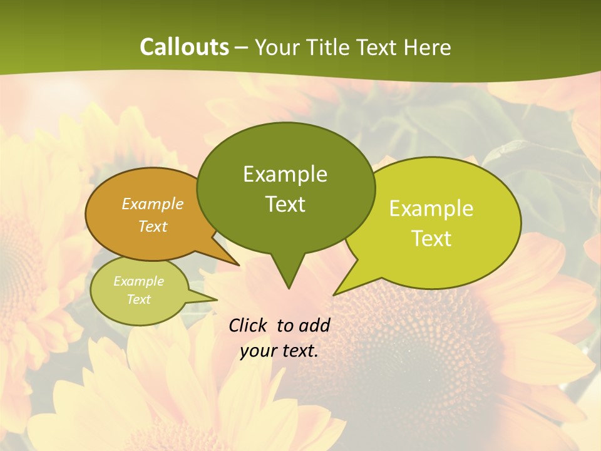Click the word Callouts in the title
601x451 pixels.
click(184, 47)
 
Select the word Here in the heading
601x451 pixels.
click(426, 47)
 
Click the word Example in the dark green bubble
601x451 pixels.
click(285, 174)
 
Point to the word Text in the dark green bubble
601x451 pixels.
click(285, 204)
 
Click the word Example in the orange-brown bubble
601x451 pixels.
click(153, 204)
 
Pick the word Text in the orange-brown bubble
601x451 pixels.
click(153, 226)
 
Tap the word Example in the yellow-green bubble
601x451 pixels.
click(431, 209)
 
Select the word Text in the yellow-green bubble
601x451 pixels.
click(431, 239)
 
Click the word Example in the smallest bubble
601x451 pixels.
click(138, 281)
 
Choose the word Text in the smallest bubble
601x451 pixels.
click(138, 299)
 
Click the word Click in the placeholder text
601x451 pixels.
click(249, 325)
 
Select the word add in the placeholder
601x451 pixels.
click(314, 325)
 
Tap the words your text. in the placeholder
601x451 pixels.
click(279, 351)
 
